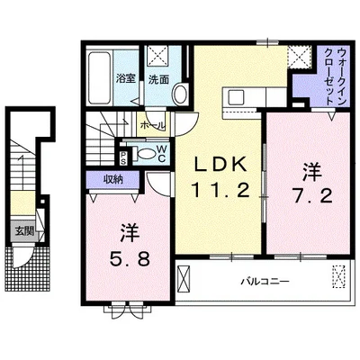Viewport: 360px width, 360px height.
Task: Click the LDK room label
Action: [220, 164]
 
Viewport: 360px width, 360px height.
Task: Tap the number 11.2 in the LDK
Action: [220, 190]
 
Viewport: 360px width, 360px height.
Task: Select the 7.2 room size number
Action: [312, 197]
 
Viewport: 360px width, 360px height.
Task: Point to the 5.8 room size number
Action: [130, 258]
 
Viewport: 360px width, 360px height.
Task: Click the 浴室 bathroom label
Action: [126, 79]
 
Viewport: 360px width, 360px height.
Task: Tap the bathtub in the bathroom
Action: [100, 78]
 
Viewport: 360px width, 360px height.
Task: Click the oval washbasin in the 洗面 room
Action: [181, 94]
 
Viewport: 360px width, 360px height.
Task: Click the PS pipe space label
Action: [123, 157]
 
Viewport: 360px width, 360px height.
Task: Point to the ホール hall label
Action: [153, 125]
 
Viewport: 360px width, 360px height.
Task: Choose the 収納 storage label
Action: [113, 179]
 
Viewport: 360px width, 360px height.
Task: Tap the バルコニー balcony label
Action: [265, 282]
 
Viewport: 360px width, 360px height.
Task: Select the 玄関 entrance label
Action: [24, 231]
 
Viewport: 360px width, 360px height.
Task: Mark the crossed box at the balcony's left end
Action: [184, 277]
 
